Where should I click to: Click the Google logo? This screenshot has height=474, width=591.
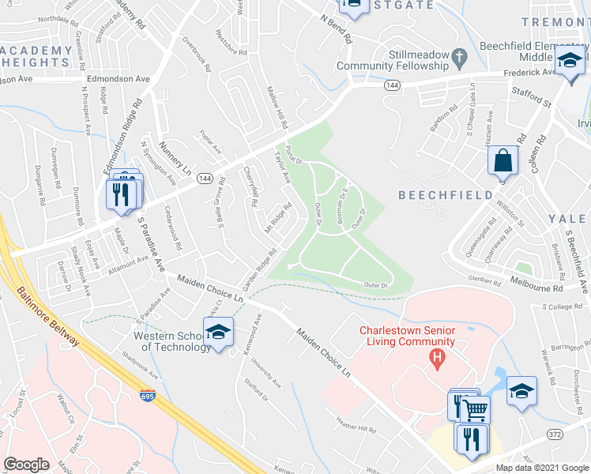tap(27, 465)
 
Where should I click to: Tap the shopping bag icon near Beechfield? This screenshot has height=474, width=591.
tap(503, 161)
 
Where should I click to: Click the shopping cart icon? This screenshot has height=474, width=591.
tap(475, 410)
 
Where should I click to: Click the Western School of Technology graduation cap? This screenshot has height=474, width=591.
tap(218, 332)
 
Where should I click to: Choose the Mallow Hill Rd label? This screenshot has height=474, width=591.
tap(277, 108)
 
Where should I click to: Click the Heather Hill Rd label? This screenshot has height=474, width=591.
tap(357, 427)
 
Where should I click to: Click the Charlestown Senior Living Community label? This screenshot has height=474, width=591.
tap(407, 336)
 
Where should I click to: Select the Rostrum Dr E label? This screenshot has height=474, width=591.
tap(344, 203)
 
